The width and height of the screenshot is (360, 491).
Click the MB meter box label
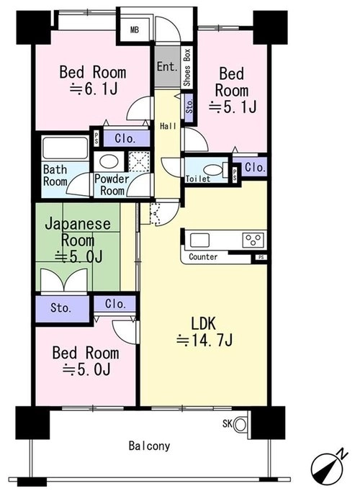[x=135, y=30]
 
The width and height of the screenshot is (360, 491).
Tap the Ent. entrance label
[x=168, y=66]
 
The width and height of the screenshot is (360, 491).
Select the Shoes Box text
[x=187, y=68]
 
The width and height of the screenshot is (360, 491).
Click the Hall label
[x=168, y=126]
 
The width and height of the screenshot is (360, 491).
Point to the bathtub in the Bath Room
[x=65, y=148]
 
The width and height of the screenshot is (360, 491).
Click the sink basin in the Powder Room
[x=109, y=161]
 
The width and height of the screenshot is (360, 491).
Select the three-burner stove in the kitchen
[x=253, y=240]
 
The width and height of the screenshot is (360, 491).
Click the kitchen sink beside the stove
[x=199, y=240]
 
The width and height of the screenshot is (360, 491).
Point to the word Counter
[x=203, y=257]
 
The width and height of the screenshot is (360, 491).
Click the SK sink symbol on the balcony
[x=240, y=425]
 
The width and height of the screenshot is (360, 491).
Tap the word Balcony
[x=149, y=446]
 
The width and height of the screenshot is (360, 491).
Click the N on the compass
[x=343, y=454]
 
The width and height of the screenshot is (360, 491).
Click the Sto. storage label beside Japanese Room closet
[x=61, y=308]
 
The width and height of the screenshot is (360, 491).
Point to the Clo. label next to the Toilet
[x=256, y=168]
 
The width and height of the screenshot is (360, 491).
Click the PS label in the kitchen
[x=261, y=258]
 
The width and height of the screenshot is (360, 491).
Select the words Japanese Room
[x=78, y=233]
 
